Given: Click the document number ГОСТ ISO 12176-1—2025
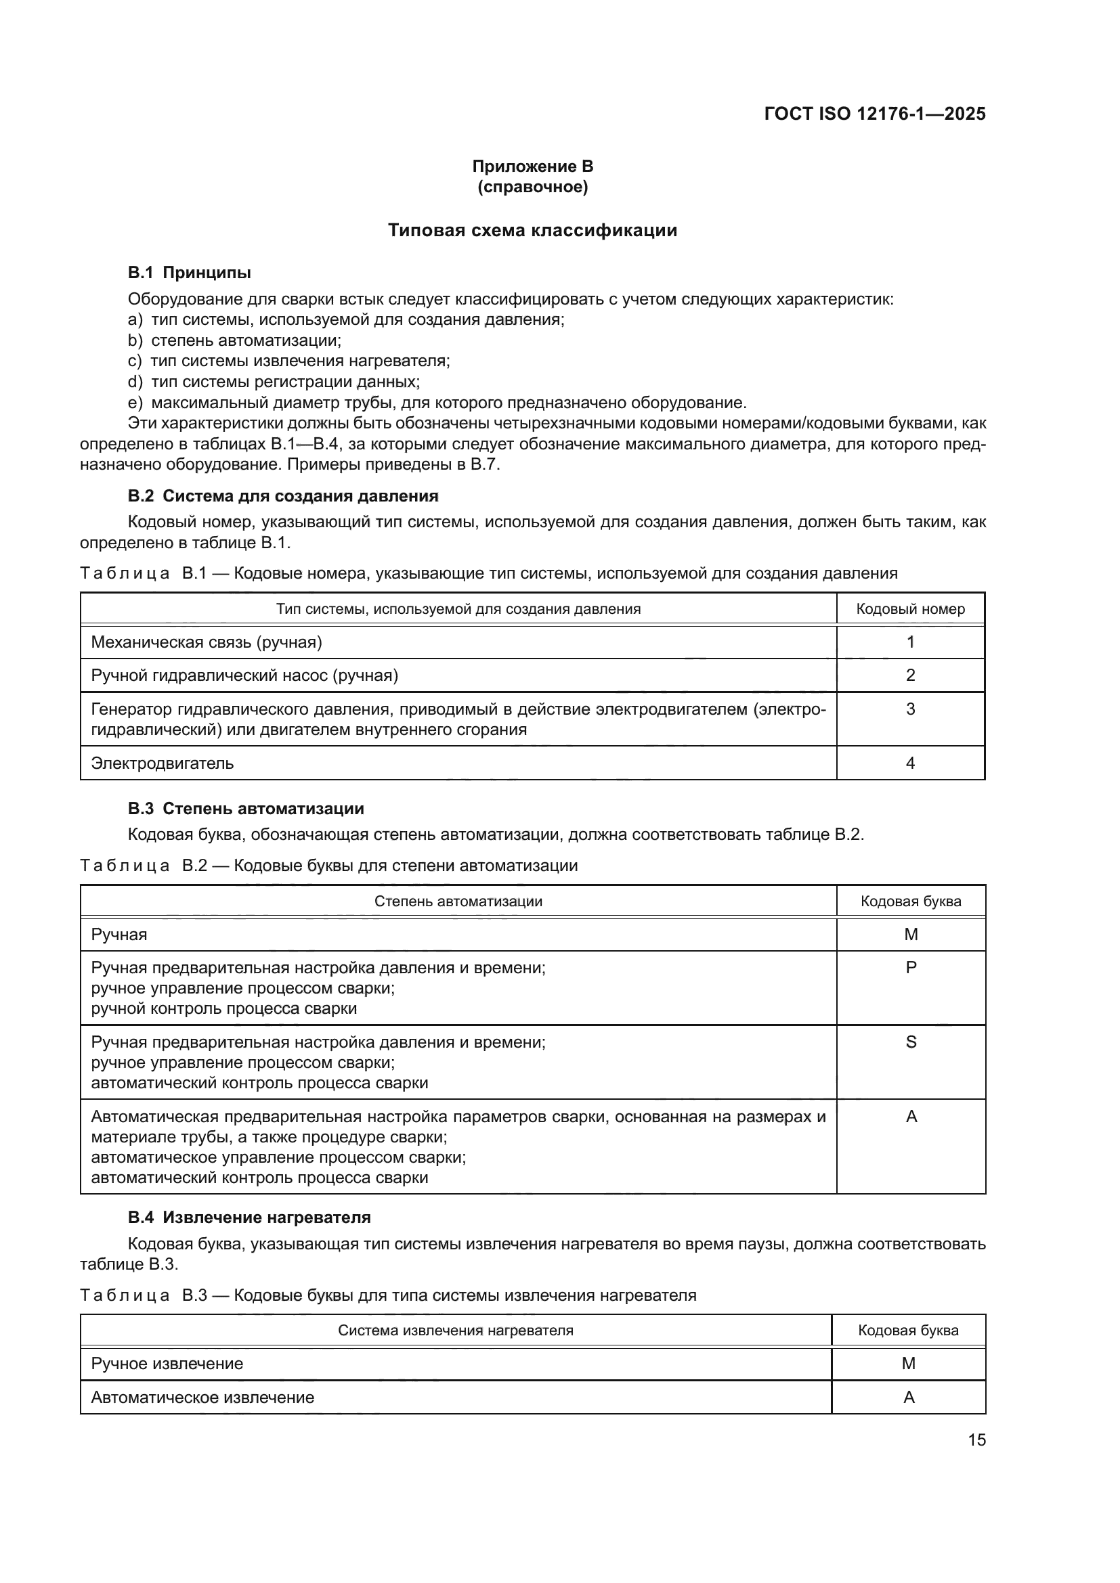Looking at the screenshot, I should (x=874, y=114).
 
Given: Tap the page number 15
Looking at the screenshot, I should (x=976, y=1440).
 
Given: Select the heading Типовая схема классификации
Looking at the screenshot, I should (x=532, y=230).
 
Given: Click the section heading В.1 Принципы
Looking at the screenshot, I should (x=189, y=273).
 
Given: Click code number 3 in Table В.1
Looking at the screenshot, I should (x=910, y=709).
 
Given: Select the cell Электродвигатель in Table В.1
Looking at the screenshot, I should (x=163, y=763).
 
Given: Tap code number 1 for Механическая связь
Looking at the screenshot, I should (x=910, y=642).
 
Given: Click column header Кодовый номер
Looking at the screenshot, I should (x=910, y=610).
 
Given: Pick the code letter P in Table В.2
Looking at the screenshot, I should (x=910, y=968).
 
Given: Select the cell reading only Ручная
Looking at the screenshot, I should (x=119, y=935).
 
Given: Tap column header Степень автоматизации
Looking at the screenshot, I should (x=458, y=901).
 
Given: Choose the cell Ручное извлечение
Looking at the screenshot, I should (x=167, y=1364).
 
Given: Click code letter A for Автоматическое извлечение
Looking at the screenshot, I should (x=908, y=1398).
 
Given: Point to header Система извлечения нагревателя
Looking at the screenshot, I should (x=455, y=1331).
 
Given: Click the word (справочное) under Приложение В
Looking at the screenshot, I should (x=532, y=187).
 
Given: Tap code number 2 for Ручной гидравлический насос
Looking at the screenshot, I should (x=910, y=675).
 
